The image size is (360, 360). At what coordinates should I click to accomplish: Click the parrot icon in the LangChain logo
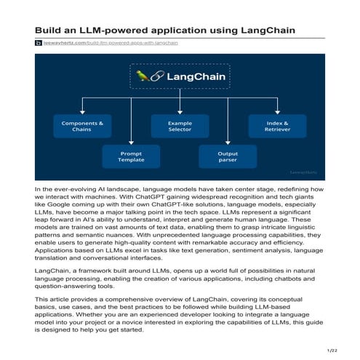tap(142, 75)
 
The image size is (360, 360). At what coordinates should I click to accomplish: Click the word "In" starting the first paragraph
tap(38, 190)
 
